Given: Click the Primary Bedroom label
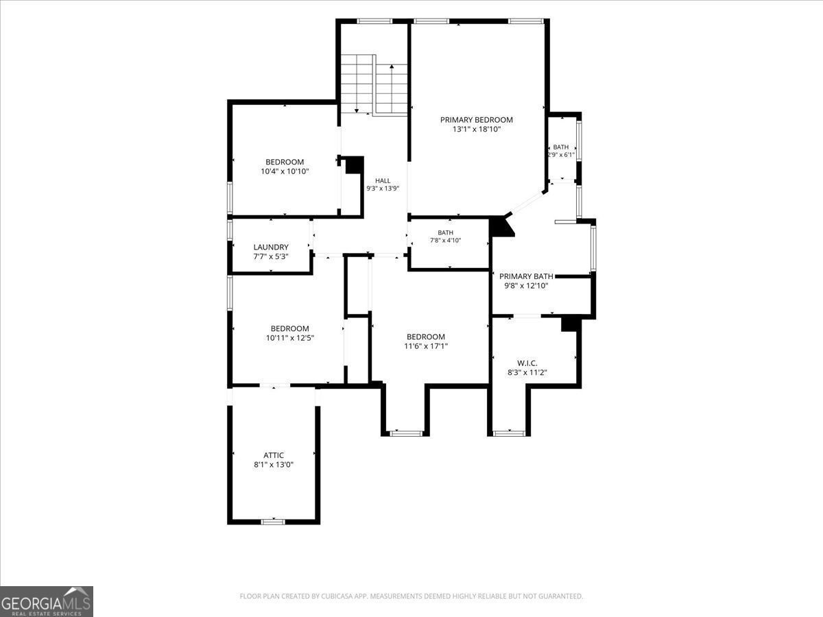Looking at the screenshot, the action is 476,120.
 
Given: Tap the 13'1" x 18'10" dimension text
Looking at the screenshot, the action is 477,130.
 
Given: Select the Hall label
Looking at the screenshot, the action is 383,180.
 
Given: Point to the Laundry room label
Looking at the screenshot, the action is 271,247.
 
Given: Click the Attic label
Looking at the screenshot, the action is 274,455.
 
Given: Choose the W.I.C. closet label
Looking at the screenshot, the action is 527,363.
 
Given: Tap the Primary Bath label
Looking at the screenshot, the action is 526,276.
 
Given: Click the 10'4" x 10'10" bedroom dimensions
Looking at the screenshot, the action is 285,171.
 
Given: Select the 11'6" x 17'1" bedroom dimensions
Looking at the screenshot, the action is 426,346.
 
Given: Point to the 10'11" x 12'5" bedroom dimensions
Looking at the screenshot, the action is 290,337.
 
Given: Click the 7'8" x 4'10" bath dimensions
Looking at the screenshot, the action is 445,241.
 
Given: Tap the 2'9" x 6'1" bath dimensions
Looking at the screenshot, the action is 561,154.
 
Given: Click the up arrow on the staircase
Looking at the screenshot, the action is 392,89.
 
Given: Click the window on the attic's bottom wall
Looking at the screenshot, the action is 273,522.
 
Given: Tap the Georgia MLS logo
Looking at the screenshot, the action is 47,601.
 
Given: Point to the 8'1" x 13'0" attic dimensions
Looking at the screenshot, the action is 274,465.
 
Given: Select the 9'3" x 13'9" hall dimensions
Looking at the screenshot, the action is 383,189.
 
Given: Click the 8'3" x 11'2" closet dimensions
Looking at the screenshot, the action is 527,372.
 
